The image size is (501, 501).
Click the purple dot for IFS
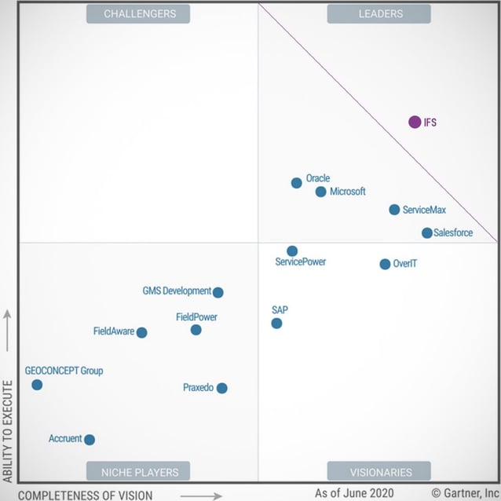coord(415,122)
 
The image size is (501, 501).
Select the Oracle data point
coord(296,183)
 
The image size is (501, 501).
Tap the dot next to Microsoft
coord(320,192)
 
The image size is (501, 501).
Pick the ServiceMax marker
coord(394,210)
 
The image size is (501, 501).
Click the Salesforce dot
coord(426,233)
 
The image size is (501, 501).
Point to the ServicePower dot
coord(292,251)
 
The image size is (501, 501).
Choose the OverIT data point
coord(385,265)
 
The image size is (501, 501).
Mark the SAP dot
coord(276,323)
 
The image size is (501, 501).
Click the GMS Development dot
coord(218,292)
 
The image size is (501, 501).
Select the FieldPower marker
coord(196,330)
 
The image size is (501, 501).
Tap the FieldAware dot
coord(141,332)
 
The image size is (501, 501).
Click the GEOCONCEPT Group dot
coord(37,385)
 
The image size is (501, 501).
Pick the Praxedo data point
coord(222,388)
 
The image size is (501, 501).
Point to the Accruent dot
coord(90,440)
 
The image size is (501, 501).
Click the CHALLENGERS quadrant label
coord(140,13)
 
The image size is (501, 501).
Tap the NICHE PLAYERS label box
coord(140,472)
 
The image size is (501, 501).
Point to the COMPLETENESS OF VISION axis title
coord(86,495)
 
